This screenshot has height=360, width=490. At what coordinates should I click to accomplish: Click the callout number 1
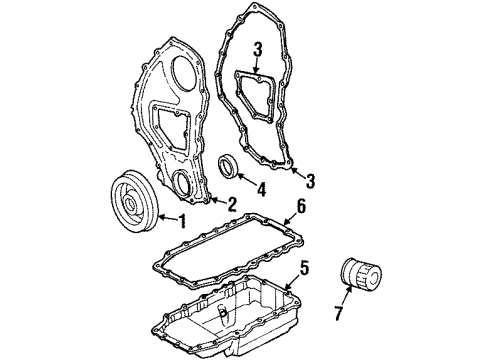[x=182, y=221]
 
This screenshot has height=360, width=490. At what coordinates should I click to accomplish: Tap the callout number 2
[x=231, y=204]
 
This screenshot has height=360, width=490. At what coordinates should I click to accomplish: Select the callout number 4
[x=261, y=189]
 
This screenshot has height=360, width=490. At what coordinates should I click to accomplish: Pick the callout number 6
[x=301, y=207]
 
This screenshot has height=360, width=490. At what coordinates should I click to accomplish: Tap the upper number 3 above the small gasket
[x=257, y=49]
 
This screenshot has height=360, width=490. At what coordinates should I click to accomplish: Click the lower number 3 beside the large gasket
[x=310, y=181]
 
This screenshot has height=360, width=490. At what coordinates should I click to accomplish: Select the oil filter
[x=361, y=272]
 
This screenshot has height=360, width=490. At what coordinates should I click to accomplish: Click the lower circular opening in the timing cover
[x=183, y=182]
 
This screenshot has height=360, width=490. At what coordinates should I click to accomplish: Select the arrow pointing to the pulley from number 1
[x=168, y=218]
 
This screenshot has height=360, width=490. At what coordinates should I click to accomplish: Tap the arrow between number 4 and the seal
[x=246, y=179]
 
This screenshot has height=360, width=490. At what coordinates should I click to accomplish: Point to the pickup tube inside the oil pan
[x=223, y=316]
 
